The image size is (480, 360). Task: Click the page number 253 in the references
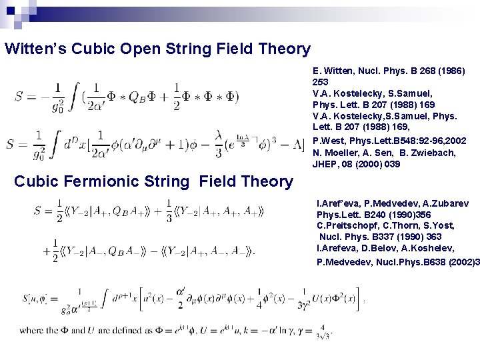tap(320, 80)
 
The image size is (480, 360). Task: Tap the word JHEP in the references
tap(325, 163)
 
